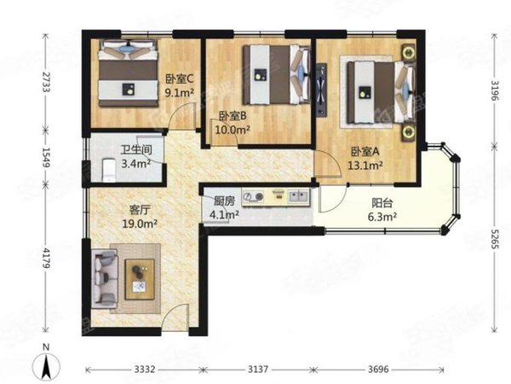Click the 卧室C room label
pyautogui.click(x=180, y=79)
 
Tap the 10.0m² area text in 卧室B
pyautogui.click(x=233, y=130)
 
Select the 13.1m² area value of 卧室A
pyautogui.click(x=365, y=166)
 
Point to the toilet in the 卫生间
pyautogui.click(x=109, y=170)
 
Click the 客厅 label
pyautogui.click(x=140, y=210)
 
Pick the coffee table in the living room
pyautogui.click(x=140, y=279)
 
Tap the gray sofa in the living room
pyautogui.click(x=105, y=278)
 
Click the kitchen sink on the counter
pyautogui.click(x=298, y=196)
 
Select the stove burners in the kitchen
pyautogui.click(x=254, y=196)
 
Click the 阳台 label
pyautogui.click(x=382, y=203)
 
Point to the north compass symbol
pyautogui.click(x=46, y=366)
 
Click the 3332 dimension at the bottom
pyautogui.click(x=145, y=369)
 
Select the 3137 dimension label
pyautogui.click(x=258, y=369)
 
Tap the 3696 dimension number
pyautogui.click(x=378, y=369)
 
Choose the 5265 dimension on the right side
pyautogui.click(x=495, y=239)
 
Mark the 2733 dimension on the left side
pyautogui.click(x=46, y=82)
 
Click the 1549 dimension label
pyautogui.click(x=46, y=157)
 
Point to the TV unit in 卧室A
pyautogui.click(x=321, y=90)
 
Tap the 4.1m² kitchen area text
pyautogui.click(x=224, y=215)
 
